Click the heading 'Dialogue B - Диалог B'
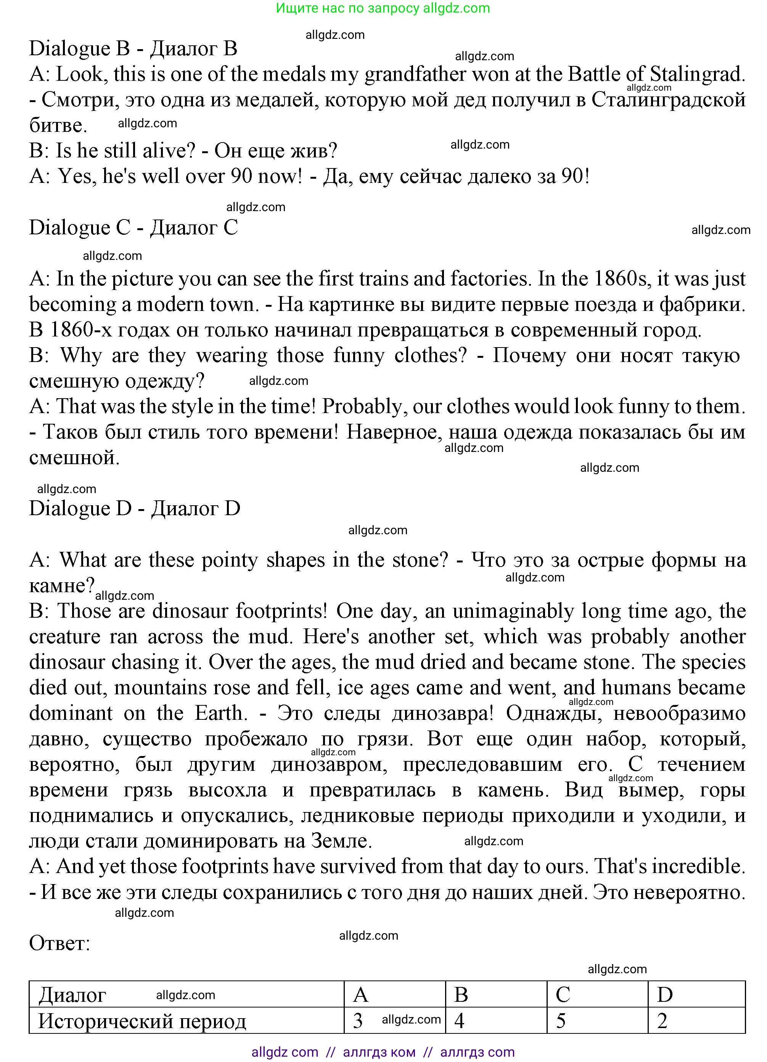(133, 49)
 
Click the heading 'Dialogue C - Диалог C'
(133, 228)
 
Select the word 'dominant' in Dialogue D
(71, 713)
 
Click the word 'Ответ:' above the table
(59, 943)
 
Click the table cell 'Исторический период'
(142, 1021)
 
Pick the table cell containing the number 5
(597, 1021)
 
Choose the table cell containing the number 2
(696, 1021)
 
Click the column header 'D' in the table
(696, 995)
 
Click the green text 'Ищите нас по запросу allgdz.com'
(383, 8)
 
